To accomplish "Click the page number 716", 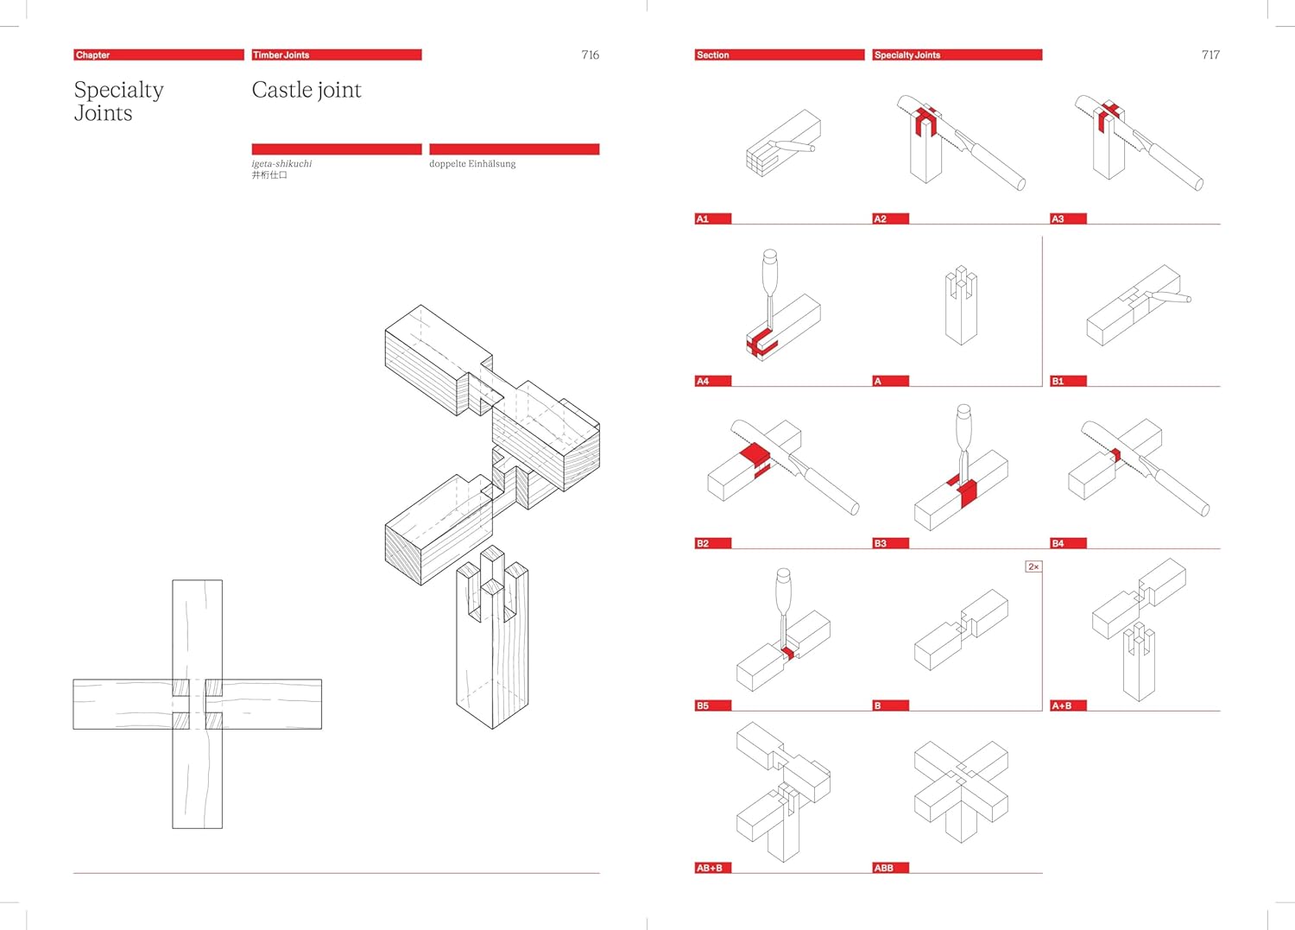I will point(591,55).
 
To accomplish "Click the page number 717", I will point(1210,55).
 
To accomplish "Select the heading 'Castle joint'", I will point(306,90).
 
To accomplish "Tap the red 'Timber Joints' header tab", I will point(336,54).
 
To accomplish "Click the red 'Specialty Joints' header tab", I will point(957,54).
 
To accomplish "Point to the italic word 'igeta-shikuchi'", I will point(281,163).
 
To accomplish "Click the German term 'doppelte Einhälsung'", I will point(472,163).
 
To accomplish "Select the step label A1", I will point(712,218).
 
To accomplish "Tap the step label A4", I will point(712,381).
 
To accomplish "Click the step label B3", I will point(890,543).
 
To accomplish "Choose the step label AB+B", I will point(712,868).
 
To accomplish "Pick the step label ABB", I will point(890,868).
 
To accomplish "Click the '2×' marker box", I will point(1033,566).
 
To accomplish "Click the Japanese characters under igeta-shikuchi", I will point(269,175).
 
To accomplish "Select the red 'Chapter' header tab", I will point(158,54).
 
